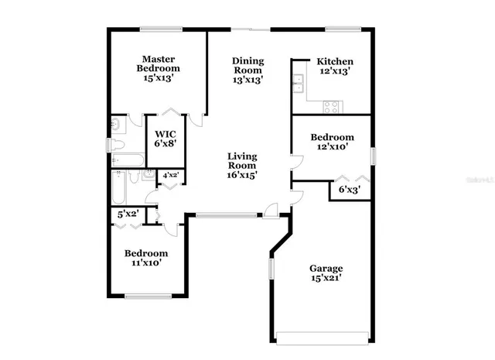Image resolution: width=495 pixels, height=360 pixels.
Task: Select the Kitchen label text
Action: tap(334, 62)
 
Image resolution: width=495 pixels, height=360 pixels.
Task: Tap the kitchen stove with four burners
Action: tap(331, 108)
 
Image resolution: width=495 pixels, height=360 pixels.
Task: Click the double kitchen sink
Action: tap(298, 82)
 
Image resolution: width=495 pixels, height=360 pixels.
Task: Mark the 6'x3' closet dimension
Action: tap(350, 188)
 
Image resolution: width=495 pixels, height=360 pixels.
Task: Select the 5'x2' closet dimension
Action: tap(128, 214)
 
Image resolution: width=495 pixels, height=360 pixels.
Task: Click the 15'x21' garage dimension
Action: tap(326, 276)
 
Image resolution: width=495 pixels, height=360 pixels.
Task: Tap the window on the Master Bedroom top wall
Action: tap(161, 29)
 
